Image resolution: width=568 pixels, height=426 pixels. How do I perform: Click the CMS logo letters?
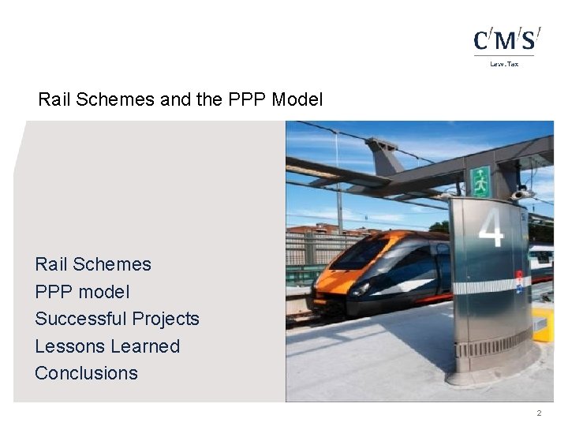(x=506, y=39)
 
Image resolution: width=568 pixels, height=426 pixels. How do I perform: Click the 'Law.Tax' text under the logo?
(x=504, y=64)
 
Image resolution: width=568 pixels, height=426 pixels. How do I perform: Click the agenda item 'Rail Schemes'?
(x=92, y=264)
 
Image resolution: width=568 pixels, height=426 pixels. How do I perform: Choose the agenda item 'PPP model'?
(x=82, y=292)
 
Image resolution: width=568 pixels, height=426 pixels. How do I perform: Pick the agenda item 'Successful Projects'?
(x=117, y=319)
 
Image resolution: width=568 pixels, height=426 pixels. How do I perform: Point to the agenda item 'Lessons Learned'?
(x=107, y=346)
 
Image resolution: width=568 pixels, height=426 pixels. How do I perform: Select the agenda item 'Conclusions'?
(x=86, y=373)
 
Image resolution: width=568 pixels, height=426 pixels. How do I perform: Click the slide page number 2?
(x=539, y=413)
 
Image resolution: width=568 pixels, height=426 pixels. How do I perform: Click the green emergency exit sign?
(x=480, y=181)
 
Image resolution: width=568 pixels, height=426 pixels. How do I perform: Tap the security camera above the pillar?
(x=521, y=193)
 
